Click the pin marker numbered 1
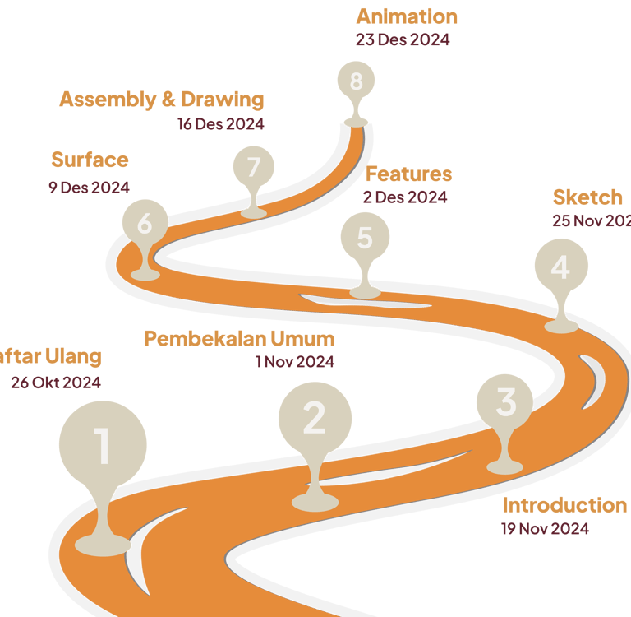pos(103,446)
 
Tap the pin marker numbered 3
pos(506,402)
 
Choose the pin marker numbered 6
pos(145,224)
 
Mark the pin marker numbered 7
pos(254,168)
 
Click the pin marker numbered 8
pos(356,81)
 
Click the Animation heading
pos(407,16)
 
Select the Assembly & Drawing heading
pos(162,100)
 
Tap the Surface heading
pos(90,160)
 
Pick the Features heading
pos(408,174)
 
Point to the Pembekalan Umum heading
pos(239,339)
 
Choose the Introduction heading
pos(564,505)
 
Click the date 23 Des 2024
pos(403,39)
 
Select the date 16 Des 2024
pos(220,124)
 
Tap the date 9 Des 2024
pos(89,188)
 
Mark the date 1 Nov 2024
pos(294,361)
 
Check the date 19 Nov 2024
pos(545,529)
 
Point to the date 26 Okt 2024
pos(56,383)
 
